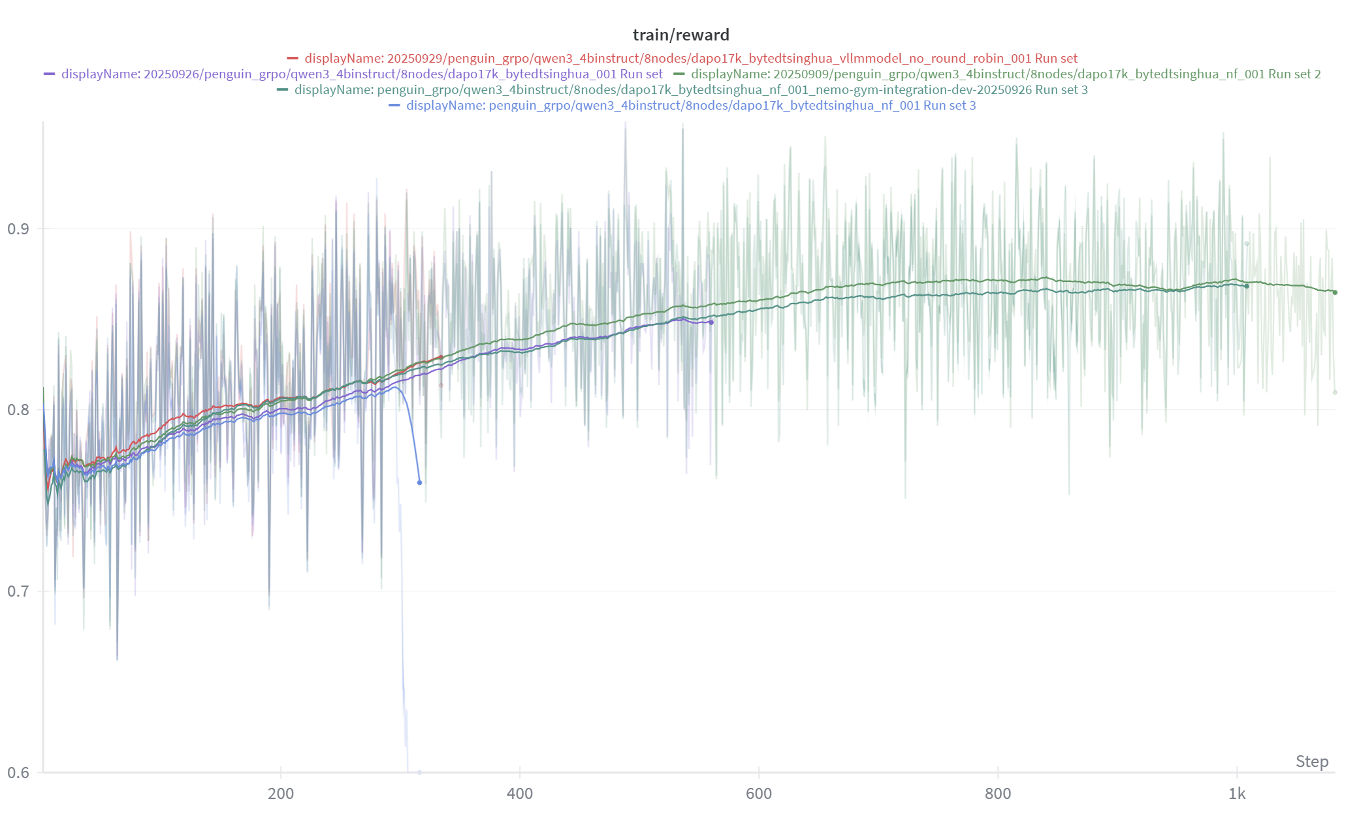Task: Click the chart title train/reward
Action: tap(680, 35)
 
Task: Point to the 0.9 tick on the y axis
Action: tap(18, 228)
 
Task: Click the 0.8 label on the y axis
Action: tap(18, 410)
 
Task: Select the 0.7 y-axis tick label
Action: tap(18, 591)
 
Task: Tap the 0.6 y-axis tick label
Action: tap(18, 772)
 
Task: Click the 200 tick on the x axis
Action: tap(281, 793)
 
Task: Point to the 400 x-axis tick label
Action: tap(520, 793)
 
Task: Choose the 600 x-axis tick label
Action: tap(759, 793)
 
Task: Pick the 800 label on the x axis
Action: tap(998, 793)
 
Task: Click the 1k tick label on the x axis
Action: tap(1237, 793)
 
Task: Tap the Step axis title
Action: tap(1311, 761)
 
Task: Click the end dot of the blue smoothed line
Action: tap(419, 482)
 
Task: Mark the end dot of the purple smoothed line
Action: tap(711, 322)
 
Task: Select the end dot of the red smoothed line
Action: tap(441, 357)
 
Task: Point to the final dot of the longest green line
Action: tap(1335, 292)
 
